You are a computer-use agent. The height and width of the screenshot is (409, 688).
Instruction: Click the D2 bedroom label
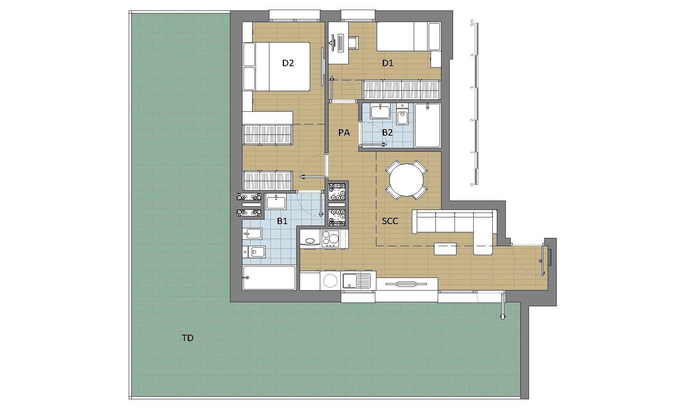[288, 63]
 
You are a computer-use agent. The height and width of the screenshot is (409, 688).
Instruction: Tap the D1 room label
[388, 63]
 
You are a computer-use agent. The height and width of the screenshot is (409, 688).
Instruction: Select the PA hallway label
[344, 132]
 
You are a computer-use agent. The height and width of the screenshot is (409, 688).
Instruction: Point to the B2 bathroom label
[387, 132]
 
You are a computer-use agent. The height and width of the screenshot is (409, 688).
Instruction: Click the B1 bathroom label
[282, 221]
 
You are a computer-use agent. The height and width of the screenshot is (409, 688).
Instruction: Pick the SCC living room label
[390, 221]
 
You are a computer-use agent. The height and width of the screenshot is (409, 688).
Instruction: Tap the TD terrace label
[187, 338]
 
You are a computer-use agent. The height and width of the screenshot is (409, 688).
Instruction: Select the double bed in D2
[276, 66]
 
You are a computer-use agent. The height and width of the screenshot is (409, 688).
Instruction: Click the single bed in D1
[409, 37]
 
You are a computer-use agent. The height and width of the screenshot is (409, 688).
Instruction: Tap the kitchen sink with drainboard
[357, 281]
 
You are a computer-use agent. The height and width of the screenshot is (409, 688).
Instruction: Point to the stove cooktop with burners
[330, 239]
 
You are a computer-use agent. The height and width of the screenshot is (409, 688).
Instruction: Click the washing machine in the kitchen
[330, 281]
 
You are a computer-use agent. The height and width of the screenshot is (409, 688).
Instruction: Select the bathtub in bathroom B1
[269, 278]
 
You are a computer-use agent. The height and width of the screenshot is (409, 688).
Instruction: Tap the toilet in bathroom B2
[403, 115]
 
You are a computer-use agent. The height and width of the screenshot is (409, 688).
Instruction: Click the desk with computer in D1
[339, 43]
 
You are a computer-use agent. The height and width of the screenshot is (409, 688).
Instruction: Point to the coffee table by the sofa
[445, 249]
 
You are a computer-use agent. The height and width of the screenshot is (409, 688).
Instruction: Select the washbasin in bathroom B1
[276, 202]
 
